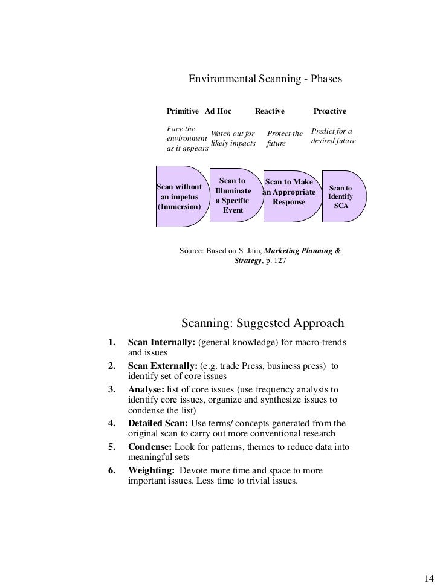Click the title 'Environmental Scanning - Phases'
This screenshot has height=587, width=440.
[265, 79]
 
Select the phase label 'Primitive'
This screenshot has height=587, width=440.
[183, 111]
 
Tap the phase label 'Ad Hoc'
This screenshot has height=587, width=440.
[218, 111]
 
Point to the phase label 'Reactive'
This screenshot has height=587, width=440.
[270, 111]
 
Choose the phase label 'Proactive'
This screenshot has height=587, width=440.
[329, 111]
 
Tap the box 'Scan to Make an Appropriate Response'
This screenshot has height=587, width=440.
[289, 192]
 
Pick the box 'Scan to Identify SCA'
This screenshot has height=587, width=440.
[341, 197]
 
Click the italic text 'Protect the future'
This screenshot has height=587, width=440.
[284, 138]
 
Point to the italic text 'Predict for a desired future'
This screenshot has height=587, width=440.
[332, 136]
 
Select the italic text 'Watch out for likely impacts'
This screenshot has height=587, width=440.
[233, 138]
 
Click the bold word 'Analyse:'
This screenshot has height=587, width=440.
[146, 389]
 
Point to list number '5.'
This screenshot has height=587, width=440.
[112, 447]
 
